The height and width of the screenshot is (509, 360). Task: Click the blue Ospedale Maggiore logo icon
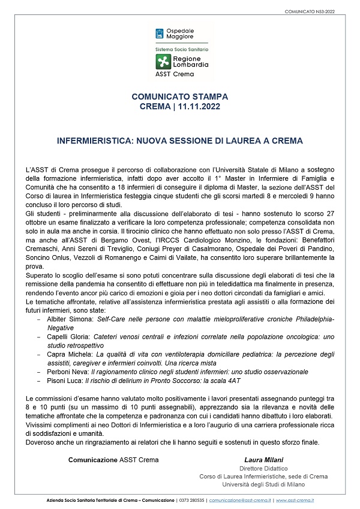coord(160,33)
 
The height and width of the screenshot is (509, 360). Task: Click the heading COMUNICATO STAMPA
coord(179,96)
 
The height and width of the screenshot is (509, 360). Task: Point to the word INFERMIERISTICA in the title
coord(95,140)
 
